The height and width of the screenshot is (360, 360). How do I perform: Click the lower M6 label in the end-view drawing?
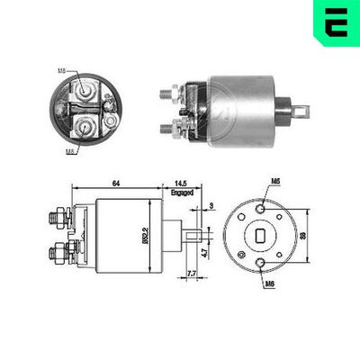[271, 284]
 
